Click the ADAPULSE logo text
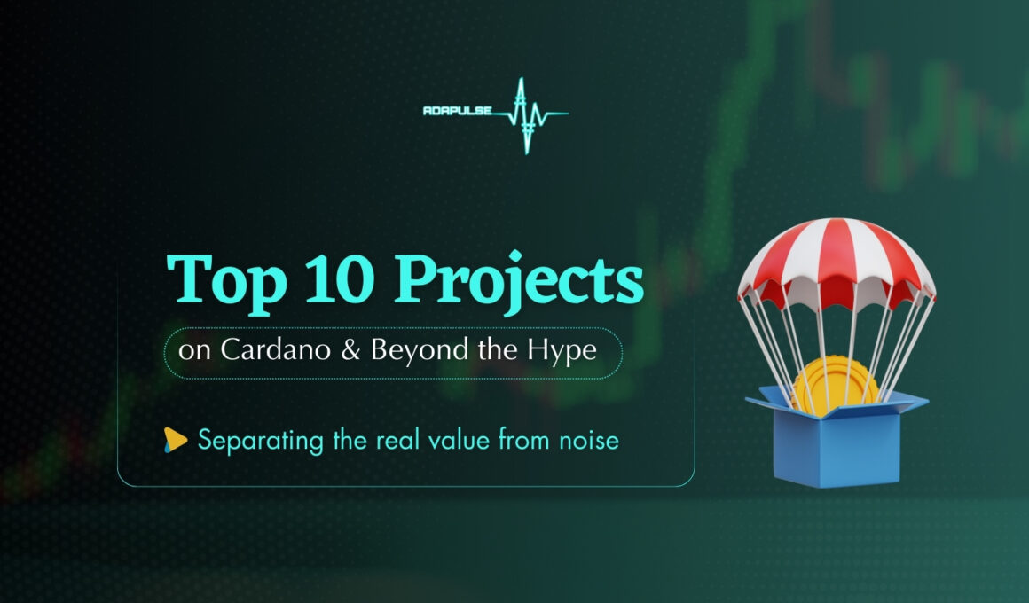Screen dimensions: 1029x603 point(458,111)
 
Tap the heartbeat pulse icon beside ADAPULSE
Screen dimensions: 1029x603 point(530,115)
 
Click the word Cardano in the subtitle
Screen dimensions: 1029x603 point(276,349)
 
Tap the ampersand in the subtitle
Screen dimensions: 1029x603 point(350,349)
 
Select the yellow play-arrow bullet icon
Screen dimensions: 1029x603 point(175,440)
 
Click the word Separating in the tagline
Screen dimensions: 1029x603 point(261,441)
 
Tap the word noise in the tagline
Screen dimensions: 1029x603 point(589,440)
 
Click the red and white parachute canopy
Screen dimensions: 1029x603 point(836,262)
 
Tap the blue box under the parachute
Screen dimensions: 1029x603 point(837,441)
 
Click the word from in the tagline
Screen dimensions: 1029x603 point(524,439)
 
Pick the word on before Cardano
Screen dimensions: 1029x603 point(194,351)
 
